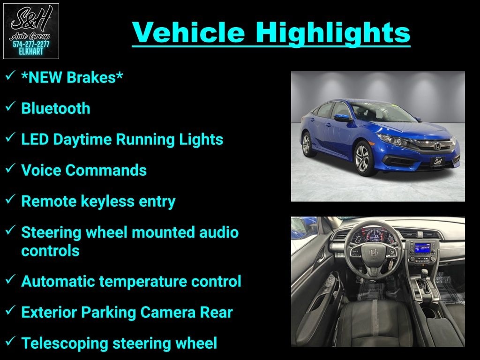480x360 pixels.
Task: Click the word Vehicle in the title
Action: click(188, 32)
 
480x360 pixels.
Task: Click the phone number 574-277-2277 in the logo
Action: click(31, 45)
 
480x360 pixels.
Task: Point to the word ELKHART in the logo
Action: click(31, 52)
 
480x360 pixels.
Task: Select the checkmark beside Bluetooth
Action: click(10, 106)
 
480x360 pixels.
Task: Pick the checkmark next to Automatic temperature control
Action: click(10, 279)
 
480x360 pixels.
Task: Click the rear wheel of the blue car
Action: click(307, 144)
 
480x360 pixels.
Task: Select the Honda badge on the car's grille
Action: click(438, 146)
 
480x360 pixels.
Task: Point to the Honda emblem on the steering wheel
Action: click(374, 252)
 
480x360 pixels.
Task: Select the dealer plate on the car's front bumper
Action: click(438, 161)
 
